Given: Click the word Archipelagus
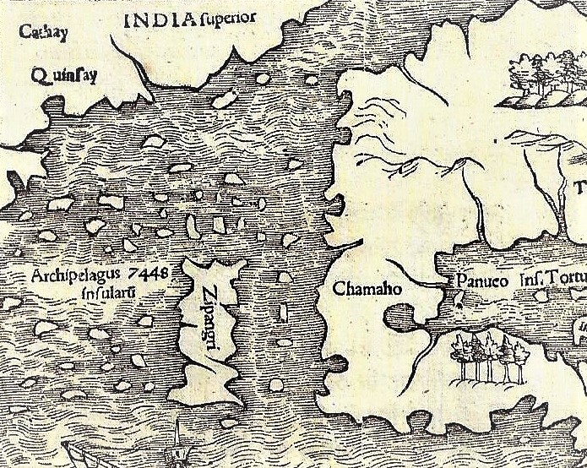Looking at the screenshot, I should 79,275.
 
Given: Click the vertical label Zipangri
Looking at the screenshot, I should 212,325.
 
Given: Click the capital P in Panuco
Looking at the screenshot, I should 462,280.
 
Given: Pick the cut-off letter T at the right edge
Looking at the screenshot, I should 580,188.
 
